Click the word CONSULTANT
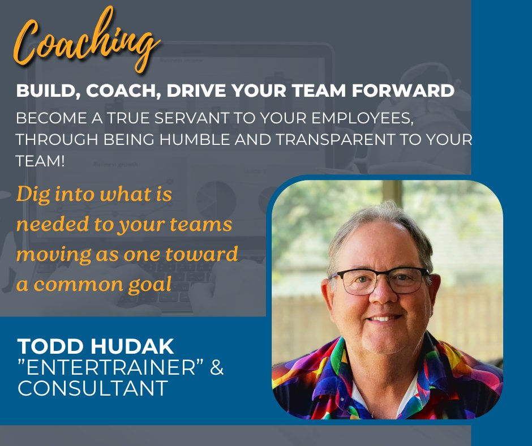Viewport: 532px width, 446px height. click(x=93, y=389)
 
